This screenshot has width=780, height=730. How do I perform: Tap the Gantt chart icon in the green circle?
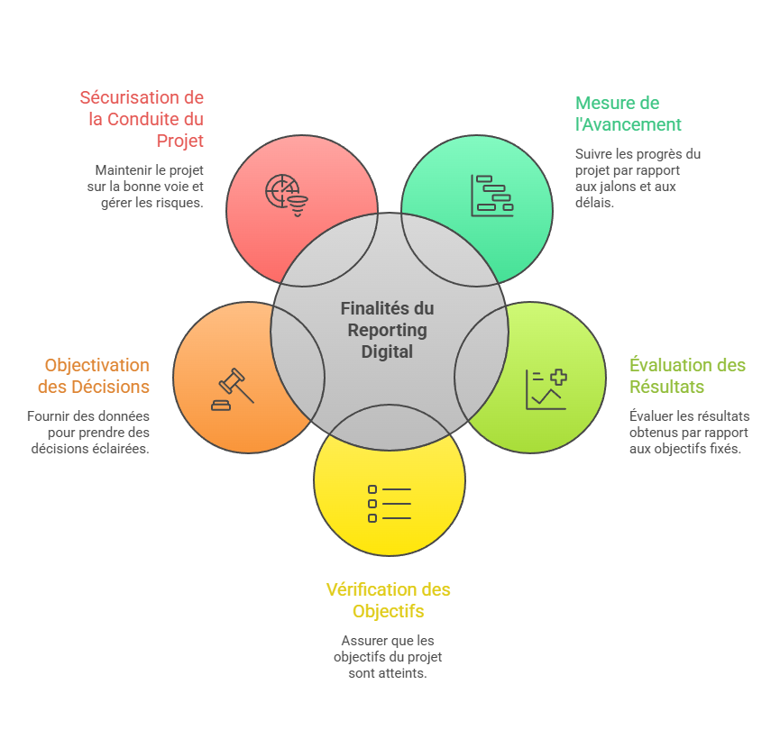[x=491, y=195]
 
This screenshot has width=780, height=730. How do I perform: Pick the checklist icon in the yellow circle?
[x=389, y=504]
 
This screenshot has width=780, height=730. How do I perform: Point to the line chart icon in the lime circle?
[x=546, y=389]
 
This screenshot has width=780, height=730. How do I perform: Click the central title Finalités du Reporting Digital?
[x=387, y=330]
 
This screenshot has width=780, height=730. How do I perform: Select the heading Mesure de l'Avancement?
[x=628, y=114]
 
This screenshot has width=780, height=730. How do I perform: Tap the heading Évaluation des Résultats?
[x=687, y=376]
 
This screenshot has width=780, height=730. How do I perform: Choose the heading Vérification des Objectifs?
[x=388, y=600]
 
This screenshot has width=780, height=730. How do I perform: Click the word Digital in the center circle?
[x=387, y=351]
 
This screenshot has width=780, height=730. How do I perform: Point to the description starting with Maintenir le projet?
[x=149, y=186]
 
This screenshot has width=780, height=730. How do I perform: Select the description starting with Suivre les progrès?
[x=637, y=178]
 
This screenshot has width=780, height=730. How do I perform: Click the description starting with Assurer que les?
[x=388, y=657]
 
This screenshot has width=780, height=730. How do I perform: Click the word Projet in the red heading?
[x=179, y=141]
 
